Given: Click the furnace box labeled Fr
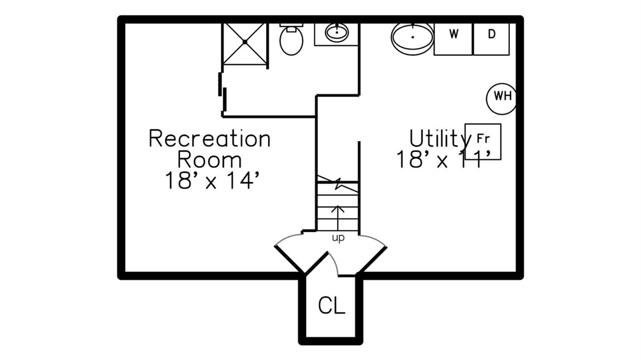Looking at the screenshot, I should (483, 142).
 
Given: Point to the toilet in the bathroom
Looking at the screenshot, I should (291, 42).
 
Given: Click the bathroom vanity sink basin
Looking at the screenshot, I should (337, 33).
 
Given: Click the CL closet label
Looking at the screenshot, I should (332, 305).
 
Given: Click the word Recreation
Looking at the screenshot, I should (209, 139).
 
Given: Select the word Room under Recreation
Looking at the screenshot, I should (209, 160).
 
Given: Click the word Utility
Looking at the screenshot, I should (437, 138).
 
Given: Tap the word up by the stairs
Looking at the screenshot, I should (338, 238).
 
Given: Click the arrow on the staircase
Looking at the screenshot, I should (338, 215).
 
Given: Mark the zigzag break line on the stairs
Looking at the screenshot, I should (338, 182).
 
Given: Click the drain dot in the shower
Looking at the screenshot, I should (245, 43).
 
